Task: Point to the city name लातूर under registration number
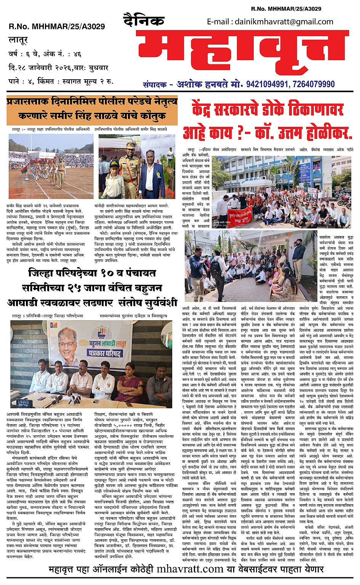18,40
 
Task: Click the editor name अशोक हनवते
200,84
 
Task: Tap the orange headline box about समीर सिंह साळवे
92,110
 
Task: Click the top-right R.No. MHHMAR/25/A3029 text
286,8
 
